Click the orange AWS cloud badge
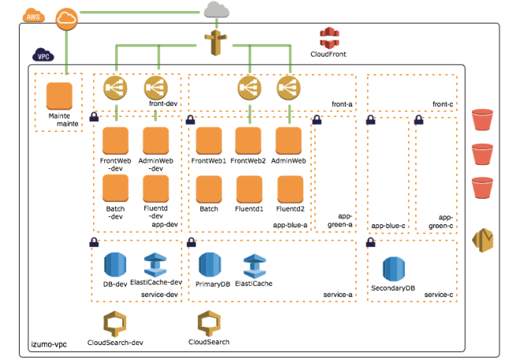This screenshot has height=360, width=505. click(x=33, y=15)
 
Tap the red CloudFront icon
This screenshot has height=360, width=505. click(x=329, y=37)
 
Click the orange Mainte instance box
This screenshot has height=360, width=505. click(x=59, y=96)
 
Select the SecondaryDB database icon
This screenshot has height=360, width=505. click(x=394, y=269)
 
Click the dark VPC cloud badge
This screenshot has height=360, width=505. click(x=42, y=56)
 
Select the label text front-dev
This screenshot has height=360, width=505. click(x=164, y=103)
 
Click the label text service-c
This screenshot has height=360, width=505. click(x=438, y=294)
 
